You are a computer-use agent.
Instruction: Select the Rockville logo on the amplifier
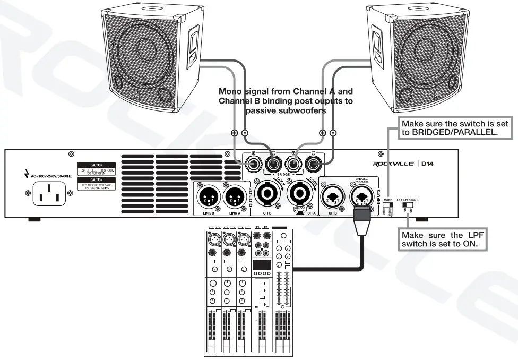393,164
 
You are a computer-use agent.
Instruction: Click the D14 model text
428,164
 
